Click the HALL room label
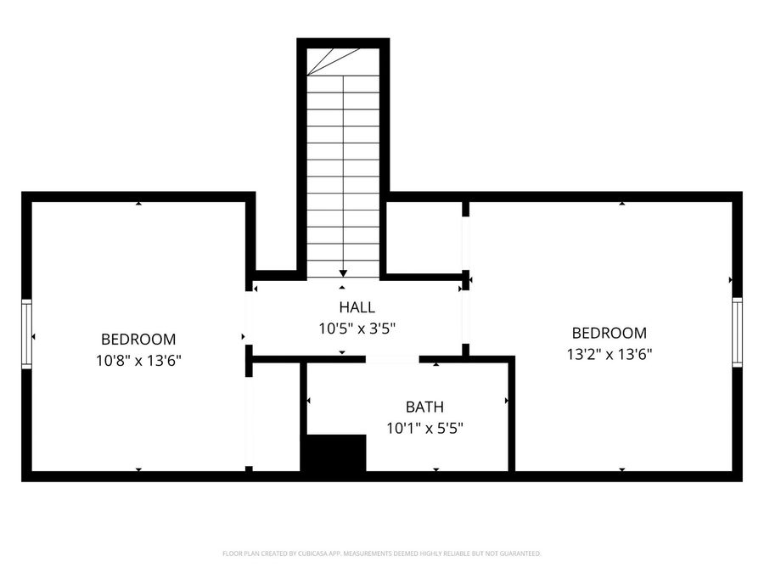click(x=357, y=307)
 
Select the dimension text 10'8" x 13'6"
click(x=138, y=360)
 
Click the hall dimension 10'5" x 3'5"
click(x=357, y=327)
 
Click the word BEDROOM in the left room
click(x=138, y=339)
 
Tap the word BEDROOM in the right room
click(x=609, y=334)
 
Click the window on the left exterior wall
click(x=26, y=334)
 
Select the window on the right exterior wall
click(x=737, y=332)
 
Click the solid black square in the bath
click(x=334, y=453)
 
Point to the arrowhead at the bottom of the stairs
click(x=343, y=272)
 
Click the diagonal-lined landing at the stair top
click(x=333, y=61)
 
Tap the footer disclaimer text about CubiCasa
click(x=381, y=553)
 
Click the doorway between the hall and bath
click(x=392, y=359)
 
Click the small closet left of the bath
click(x=277, y=416)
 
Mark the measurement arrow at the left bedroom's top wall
click(x=138, y=204)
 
